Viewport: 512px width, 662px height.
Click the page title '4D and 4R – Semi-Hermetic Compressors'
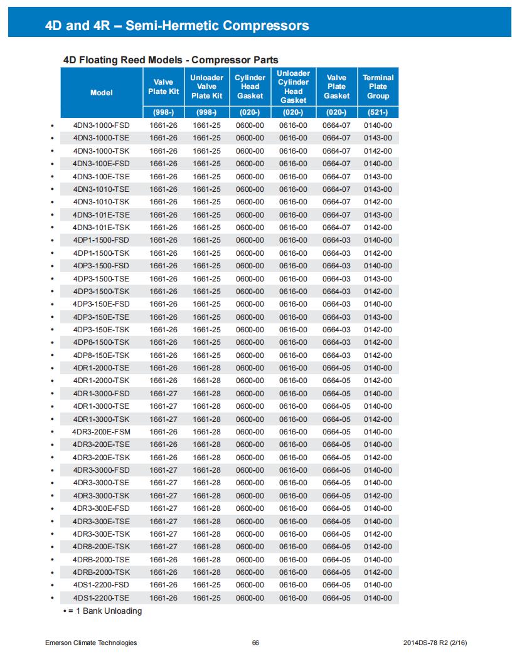178,26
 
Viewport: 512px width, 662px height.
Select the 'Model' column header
102,93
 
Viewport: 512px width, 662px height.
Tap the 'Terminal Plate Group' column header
378,87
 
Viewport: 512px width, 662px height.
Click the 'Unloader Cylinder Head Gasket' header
293,87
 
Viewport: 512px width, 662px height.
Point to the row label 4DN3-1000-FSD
102,125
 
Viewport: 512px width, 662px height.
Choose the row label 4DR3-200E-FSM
102,432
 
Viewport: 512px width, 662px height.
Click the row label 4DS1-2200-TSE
102,598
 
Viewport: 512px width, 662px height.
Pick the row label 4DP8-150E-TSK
102,355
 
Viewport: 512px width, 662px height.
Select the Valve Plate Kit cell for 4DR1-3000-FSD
164,394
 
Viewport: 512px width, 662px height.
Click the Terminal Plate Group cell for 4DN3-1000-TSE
378,138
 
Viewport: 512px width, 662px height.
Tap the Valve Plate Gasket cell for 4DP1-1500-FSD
336,240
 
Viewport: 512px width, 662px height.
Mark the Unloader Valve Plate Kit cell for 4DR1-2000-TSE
206,368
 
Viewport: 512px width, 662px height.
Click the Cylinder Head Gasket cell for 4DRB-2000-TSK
250,572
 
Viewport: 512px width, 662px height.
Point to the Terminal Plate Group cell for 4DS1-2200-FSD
378,585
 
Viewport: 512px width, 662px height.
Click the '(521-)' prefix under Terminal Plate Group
378,113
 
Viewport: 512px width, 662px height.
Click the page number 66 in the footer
255,643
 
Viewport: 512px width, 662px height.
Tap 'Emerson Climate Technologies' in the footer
91,643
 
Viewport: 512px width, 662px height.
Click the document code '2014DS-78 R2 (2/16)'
433,643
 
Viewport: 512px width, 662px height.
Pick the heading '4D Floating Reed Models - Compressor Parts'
171,60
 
